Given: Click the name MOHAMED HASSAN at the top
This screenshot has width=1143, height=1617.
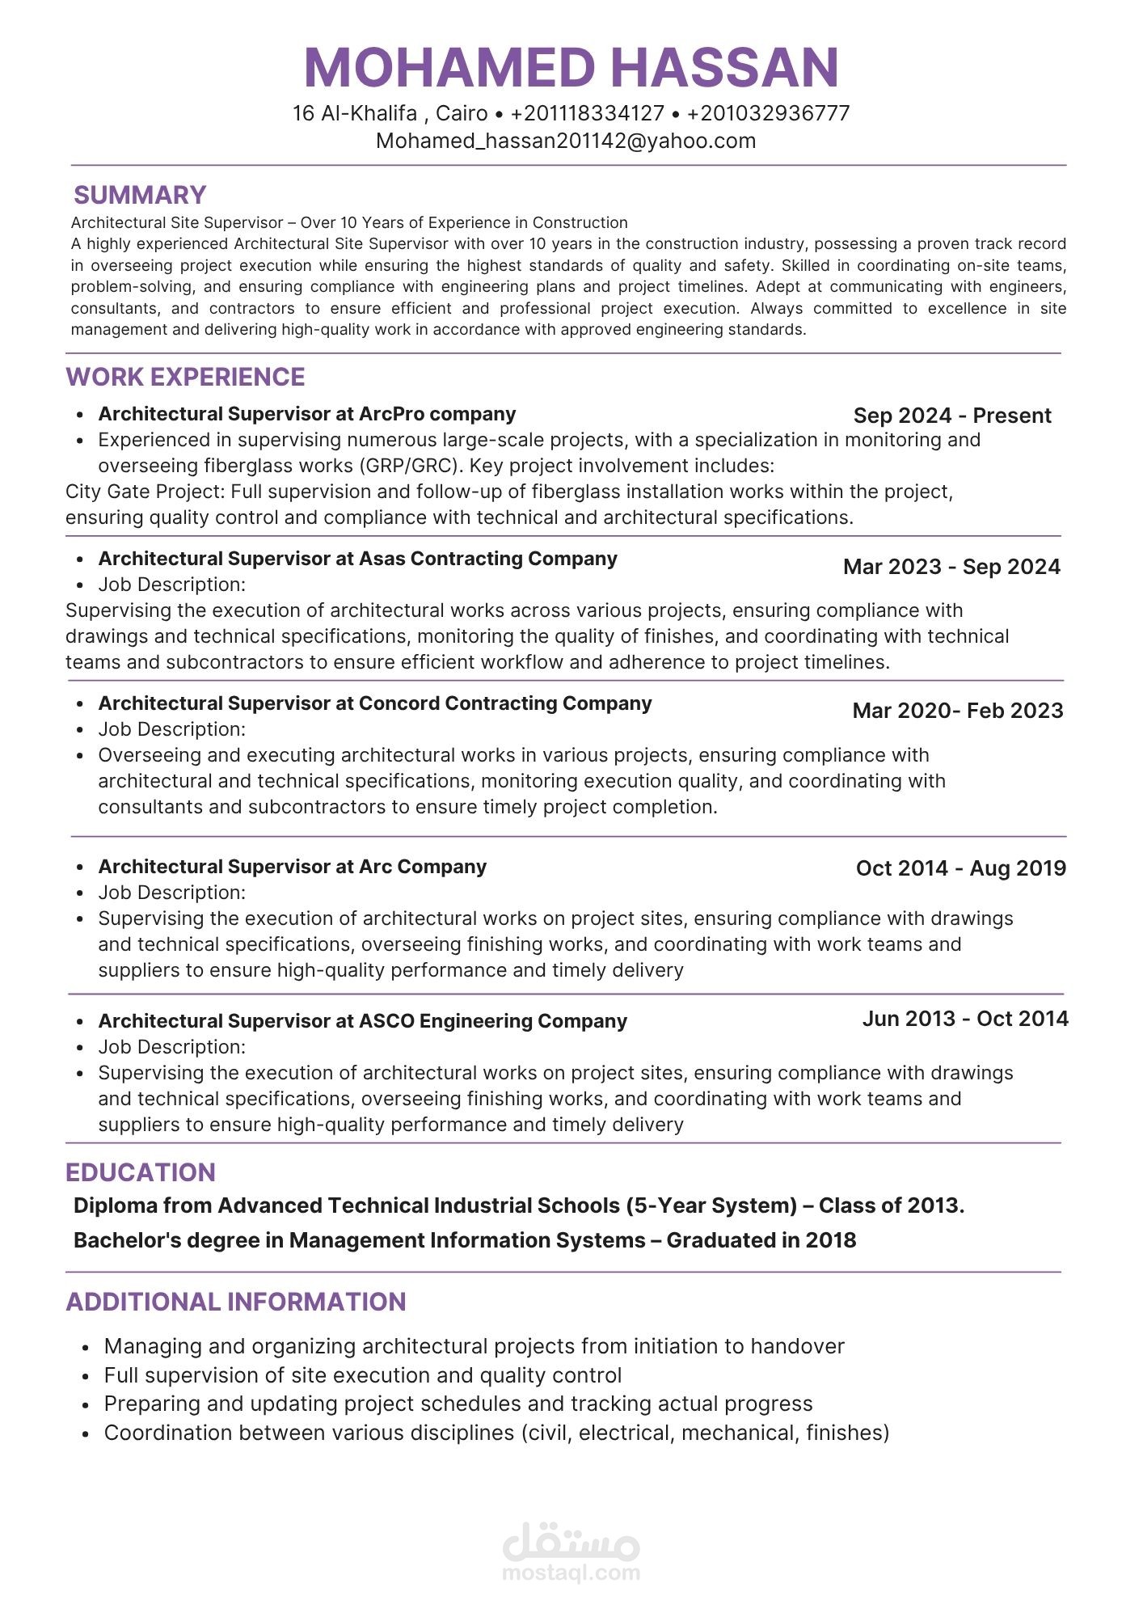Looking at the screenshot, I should pyautogui.click(x=571, y=67).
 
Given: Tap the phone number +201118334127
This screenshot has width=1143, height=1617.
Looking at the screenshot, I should pyautogui.click(x=587, y=113).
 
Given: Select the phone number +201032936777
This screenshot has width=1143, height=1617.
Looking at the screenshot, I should pyautogui.click(x=768, y=113).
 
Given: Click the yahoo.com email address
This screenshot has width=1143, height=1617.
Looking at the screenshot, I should pyautogui.click(x=566, y=141).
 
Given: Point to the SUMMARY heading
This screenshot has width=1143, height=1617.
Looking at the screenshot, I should pyautogui.click(x=140, y=195).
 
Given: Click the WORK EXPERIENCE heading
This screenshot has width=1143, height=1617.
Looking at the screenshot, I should pyautogui.click(x=185, y=377).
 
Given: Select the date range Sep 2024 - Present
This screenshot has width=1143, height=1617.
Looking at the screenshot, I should pyautogui.click(x=951, y=416).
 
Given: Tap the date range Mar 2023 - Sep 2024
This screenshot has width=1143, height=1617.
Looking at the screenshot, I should pyautogui.click(x=951, y=567).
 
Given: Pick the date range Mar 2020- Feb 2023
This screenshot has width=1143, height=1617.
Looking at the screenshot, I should pyautogui.click(x=957, y=711).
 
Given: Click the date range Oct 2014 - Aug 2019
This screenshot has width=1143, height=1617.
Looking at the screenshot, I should pyautogui.click(x=960, y=868).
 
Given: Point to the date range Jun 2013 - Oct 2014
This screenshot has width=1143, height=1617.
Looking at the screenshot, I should pyautogui.click(x=964, y=1019).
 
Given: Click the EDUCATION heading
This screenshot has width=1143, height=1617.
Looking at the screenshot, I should pyautogui.click(x=140, y=1172).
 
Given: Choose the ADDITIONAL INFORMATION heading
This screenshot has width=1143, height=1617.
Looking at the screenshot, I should pyautogui.click(x=235, y=1302).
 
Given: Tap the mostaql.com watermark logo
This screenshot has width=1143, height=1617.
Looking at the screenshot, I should pyautogui.click(x=571, y=1553).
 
